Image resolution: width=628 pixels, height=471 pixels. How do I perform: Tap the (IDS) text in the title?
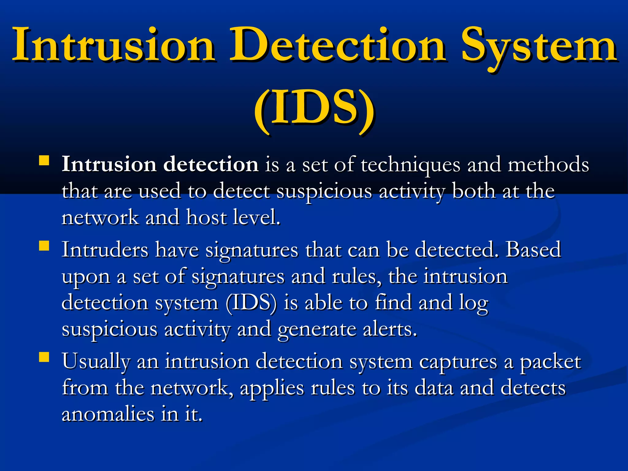314,109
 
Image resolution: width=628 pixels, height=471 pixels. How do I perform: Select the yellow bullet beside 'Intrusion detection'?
44,161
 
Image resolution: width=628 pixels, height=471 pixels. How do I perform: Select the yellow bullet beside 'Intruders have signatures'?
44,246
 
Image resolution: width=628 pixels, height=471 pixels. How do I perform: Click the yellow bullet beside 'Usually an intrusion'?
44,357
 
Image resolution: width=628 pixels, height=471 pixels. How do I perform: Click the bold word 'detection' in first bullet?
211,164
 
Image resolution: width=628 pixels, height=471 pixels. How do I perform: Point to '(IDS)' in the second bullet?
251,303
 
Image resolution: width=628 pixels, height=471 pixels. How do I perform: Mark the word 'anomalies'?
107,414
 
